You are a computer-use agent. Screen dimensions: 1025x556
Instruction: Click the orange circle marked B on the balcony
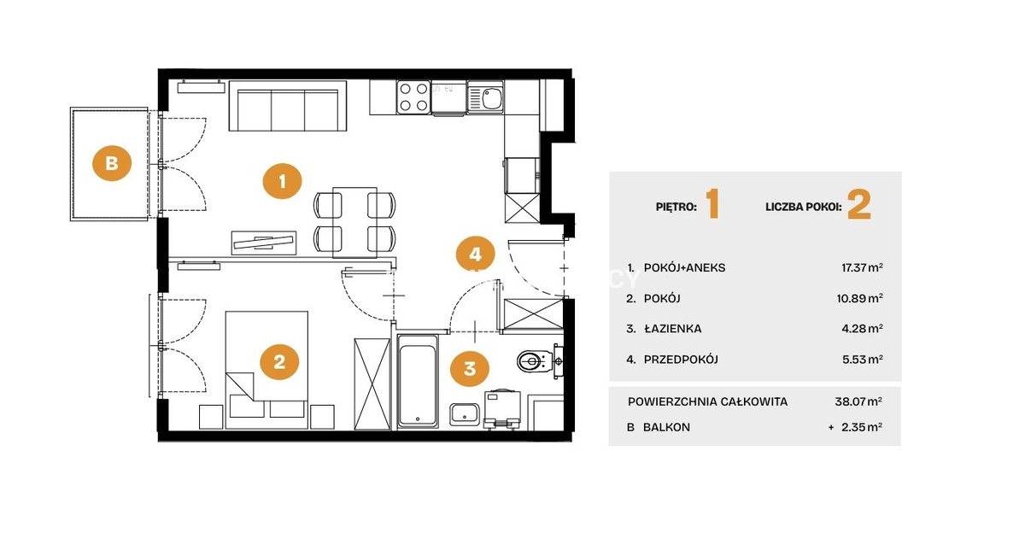pos(112,163)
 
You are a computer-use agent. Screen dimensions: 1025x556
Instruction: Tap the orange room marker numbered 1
pos(283,181)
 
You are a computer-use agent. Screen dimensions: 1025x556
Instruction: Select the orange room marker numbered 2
pos(279,362)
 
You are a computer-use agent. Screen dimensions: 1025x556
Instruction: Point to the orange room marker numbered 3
pos(470,369)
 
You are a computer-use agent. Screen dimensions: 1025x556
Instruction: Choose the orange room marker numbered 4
pos(476,255)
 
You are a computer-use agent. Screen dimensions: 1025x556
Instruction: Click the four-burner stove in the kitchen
pos(413,97)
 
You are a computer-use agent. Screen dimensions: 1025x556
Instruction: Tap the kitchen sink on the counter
pos(485,97)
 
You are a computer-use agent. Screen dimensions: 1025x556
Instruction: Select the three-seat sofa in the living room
pos(288,106)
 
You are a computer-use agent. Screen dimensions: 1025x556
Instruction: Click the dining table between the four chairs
pos(355,222)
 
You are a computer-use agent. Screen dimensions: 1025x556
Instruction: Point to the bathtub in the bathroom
pos(418,381)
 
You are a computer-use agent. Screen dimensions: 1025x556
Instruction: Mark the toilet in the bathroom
pos(535,361)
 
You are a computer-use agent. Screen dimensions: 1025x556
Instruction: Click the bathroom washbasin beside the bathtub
pos(465,414)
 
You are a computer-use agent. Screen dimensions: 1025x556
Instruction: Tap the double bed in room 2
pos(266,370)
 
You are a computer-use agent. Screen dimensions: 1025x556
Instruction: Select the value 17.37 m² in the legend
pos(862,267)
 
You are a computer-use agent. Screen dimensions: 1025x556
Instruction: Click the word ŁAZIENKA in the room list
pos(673,329)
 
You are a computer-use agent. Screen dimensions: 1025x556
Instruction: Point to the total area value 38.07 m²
pos(858,401)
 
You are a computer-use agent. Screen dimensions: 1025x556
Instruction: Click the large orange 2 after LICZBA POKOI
pos(859,206)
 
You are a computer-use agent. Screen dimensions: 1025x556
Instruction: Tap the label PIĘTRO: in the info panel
pos(676,207)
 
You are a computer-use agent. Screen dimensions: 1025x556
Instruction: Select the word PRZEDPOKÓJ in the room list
pos(681,360)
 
